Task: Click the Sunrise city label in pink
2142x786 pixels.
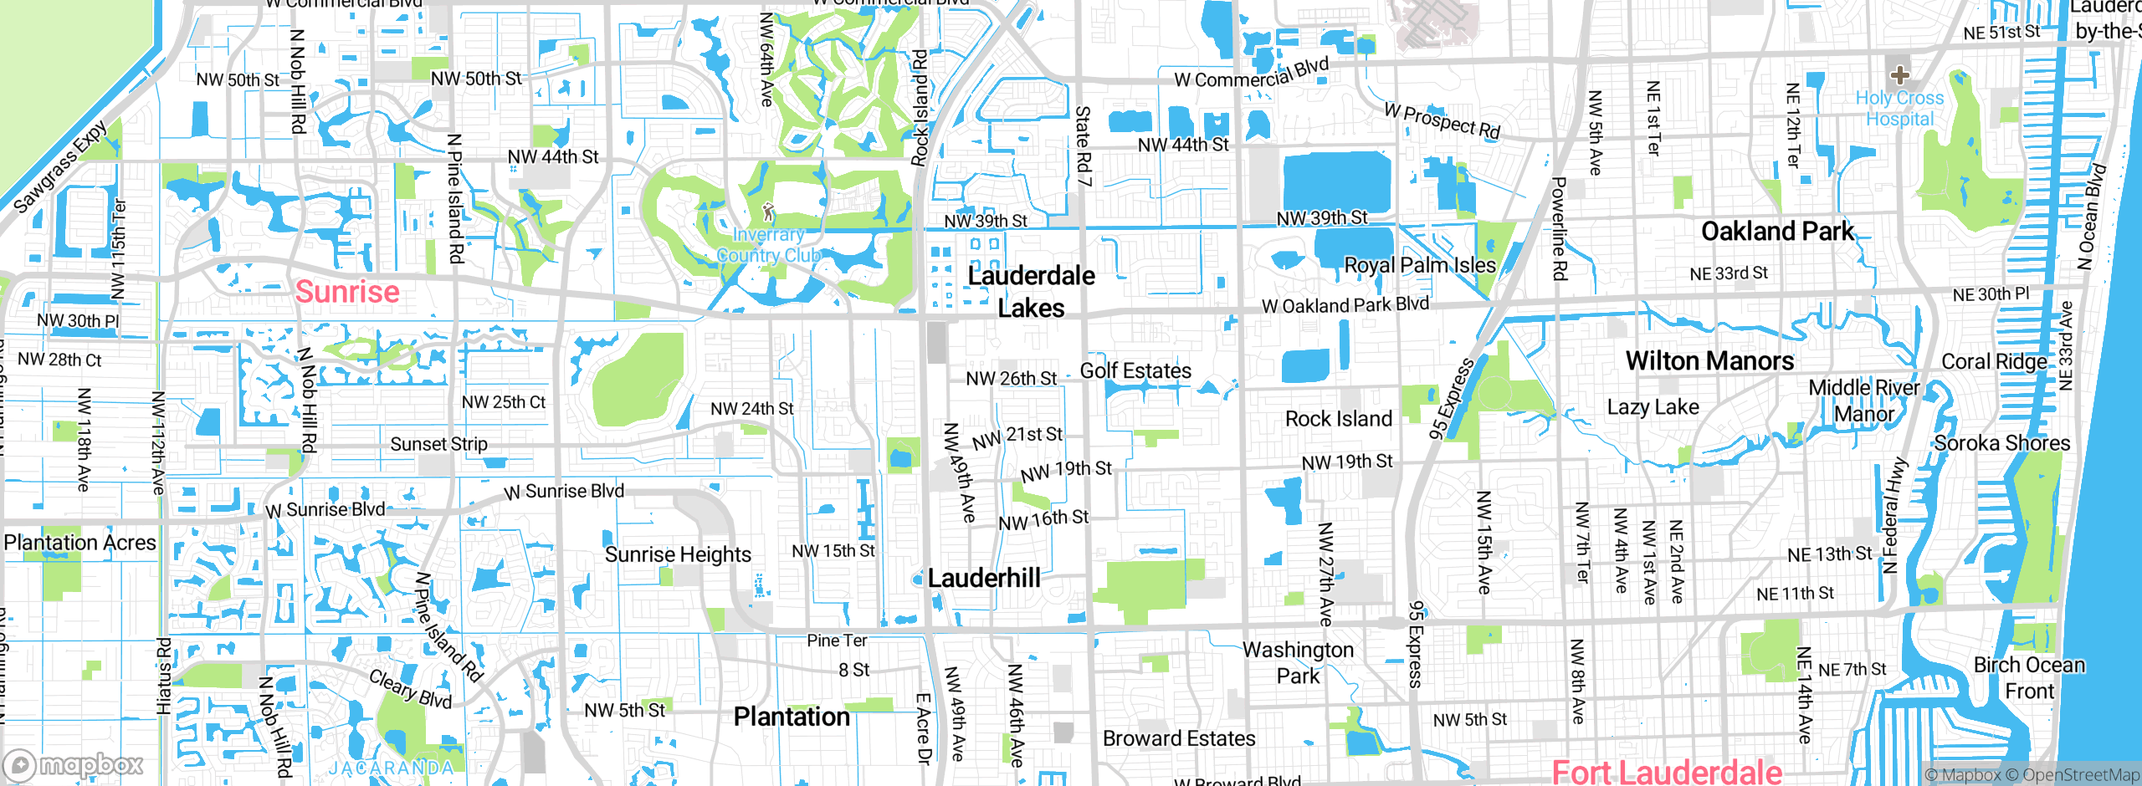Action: [347, 292]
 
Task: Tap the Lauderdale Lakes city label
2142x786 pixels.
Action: [1031, 292]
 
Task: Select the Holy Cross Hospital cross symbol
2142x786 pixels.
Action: [1899, 74]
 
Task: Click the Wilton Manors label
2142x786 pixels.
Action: [1709, 360]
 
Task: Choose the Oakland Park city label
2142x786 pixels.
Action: [1777, 231]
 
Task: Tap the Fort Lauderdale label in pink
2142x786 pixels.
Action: [1667, 772]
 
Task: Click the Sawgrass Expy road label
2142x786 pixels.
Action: [60, 166]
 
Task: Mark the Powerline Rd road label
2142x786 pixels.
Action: [1559, 228]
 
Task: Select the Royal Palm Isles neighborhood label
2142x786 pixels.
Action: [1419, 265]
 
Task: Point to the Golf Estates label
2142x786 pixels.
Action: [1135, 370]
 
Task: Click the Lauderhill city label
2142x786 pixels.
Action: [984, 578]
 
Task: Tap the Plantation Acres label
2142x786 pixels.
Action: [79, 543]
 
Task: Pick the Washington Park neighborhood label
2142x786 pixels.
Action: [1298, 662]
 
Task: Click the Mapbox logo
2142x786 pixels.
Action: [74, 765]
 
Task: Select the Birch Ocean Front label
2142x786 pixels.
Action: [2029, 677]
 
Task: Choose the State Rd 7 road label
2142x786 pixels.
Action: [1083, 145]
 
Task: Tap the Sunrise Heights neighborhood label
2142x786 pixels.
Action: [678, 554]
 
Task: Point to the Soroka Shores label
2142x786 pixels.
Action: [2002, 443]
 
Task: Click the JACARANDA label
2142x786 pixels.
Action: [391, 768]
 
